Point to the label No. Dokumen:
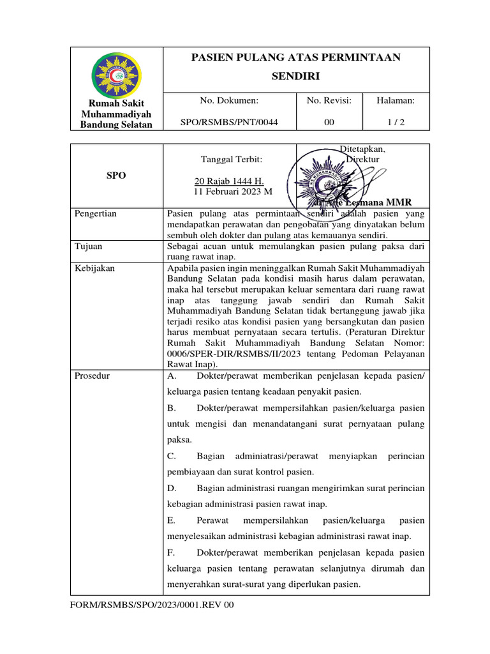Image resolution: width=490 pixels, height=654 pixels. [x=229, y=100]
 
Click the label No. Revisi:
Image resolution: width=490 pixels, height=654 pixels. [x=329, y=100]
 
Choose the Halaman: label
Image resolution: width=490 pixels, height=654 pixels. [x=396, y=100]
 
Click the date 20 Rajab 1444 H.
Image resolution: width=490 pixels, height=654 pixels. [x=228, y=181]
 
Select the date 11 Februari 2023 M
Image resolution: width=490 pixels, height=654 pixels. [x=233, y=191]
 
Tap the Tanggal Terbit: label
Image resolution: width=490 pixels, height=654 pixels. [x=231, y=159]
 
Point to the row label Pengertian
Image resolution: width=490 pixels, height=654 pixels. [x=96, y=214]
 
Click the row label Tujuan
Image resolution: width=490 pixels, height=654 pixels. [x=89, y=246]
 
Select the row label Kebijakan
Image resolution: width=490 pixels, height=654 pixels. [x=95, y=268]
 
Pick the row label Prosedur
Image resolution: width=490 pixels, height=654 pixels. [x=93, y=376]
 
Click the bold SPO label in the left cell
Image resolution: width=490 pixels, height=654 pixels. [x=115, y=176]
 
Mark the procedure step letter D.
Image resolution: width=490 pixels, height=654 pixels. [x=172, y=488]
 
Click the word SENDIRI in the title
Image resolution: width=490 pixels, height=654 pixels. [x=295, y=77]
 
